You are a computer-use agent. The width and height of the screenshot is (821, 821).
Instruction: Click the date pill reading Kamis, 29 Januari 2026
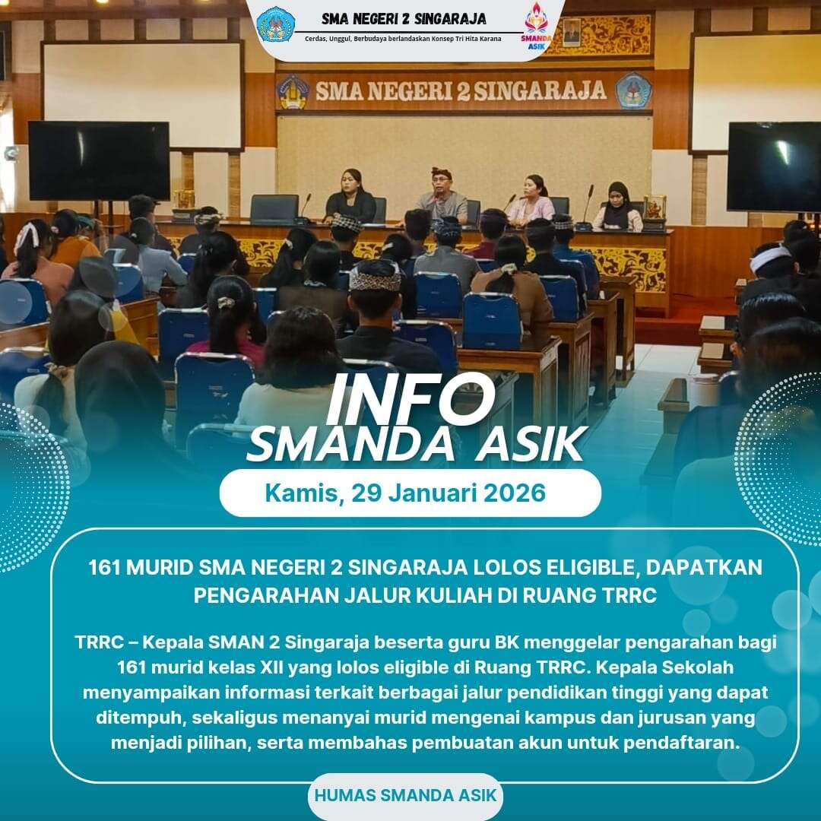pos(410,493)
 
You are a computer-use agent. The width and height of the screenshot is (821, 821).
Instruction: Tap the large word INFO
pos(410,400)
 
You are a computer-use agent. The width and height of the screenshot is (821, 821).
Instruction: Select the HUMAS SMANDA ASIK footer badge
pos(404,795)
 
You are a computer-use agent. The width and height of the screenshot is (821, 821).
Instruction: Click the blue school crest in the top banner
pos(276,24)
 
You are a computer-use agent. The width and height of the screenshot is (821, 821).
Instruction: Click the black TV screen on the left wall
pos(99,160)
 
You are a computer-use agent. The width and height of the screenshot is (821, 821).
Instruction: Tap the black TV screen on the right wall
pos(774,166)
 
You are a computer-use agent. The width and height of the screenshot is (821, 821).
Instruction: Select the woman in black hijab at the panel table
pos(619,207)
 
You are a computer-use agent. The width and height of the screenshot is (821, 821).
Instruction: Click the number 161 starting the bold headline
pos(103,568)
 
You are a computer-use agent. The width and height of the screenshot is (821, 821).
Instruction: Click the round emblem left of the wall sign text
pos(293,92)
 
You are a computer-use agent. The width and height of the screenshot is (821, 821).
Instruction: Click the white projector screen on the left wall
pos(142,96)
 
